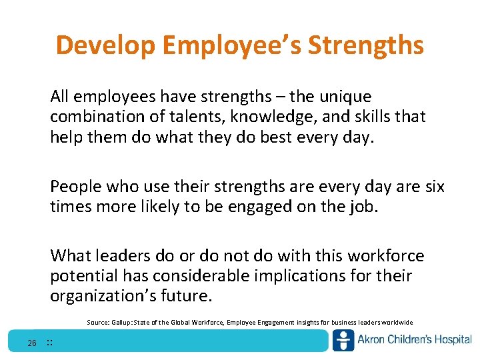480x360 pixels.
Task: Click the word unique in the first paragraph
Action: tap(342, 97)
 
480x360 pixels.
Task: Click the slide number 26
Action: tap(32, 343)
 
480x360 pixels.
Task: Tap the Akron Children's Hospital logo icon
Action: tap(343, 341)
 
